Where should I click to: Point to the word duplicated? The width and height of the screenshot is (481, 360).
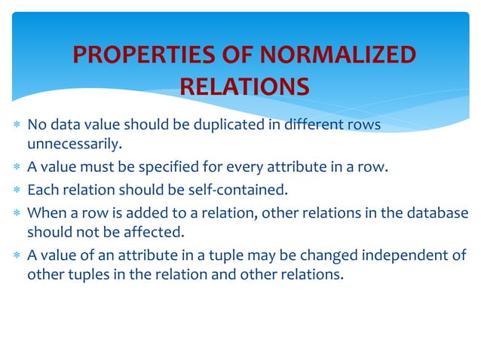[227, 124]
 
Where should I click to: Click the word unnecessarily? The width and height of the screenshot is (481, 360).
[74, 142]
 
